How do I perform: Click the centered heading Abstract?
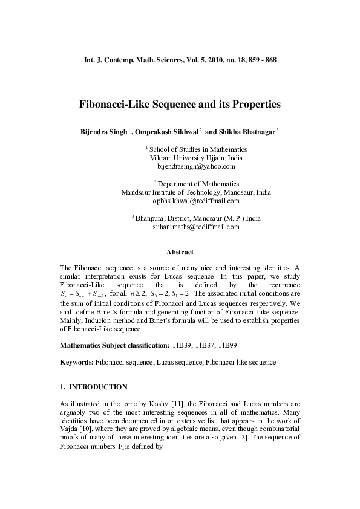[x=180, y=253]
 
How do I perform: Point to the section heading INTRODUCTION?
[x=98, y=386]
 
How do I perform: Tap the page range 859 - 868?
[x=260, y=60]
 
